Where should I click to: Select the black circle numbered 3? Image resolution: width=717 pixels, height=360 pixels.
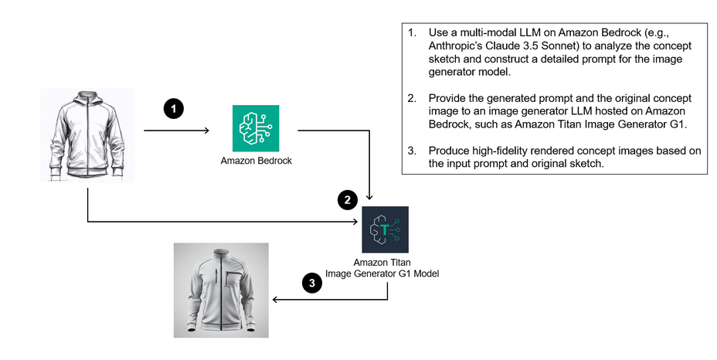pyautogui.click(x=311, y=284)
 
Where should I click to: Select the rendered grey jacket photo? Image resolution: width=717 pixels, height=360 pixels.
pyautogui.click(x=221, y=290)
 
